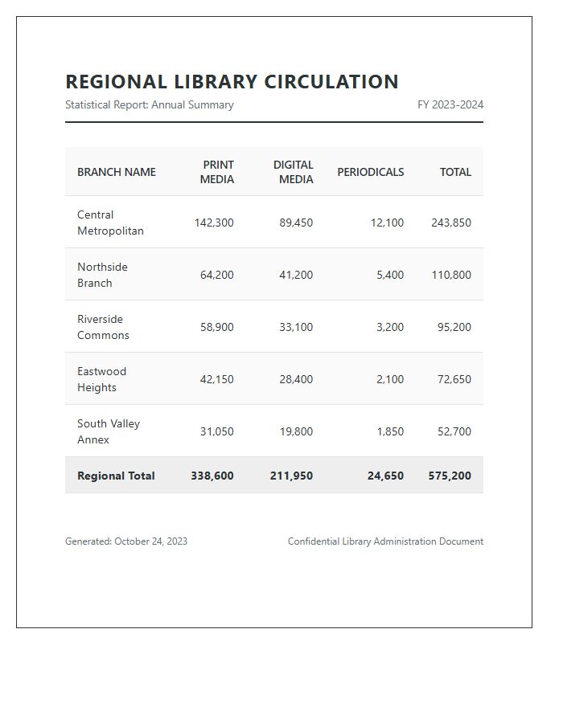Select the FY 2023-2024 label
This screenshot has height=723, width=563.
tap(450, 104)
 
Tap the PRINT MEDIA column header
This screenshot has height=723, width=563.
tap(217, 172)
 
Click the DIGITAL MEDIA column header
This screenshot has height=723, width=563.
tap(294, 172)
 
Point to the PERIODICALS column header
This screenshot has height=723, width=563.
tap(370, 172)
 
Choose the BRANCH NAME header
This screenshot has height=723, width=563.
tap(117, 172)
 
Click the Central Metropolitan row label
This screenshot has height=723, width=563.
tap(110, 223)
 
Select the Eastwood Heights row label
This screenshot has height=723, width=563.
tap(101, 379)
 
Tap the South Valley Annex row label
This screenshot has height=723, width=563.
tap(108, 431)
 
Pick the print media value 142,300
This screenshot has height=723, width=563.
tap(214, 223)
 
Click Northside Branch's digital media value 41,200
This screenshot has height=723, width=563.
tap(296, 275)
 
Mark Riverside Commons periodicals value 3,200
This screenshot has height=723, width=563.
tap(390, 327)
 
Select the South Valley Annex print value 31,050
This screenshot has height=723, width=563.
tap(216, 431)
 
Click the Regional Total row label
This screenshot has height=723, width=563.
tap(116, 476)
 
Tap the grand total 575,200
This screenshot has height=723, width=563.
tap(450, 476)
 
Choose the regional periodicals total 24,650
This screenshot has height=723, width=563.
tap(385, 476)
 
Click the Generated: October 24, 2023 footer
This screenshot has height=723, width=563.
tap(126, 541)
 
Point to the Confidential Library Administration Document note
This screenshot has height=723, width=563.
tap(385, 541)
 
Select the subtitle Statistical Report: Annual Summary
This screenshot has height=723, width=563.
tap(149, 104)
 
